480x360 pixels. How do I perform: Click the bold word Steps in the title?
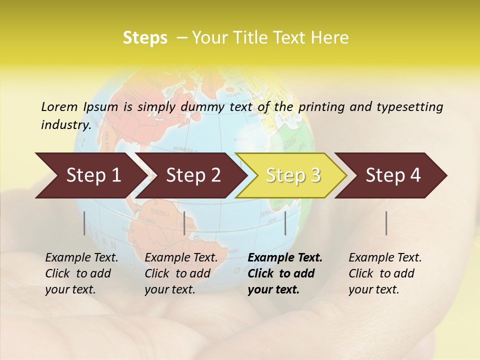145,38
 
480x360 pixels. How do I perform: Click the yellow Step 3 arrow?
293,175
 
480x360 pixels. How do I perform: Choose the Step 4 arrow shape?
393,175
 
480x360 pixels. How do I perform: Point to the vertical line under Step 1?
84,223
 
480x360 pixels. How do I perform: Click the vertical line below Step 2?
184,223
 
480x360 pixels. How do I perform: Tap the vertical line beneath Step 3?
285,223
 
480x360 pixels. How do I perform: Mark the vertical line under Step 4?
386,223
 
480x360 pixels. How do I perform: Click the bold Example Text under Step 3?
285,258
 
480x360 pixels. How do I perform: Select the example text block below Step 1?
81,273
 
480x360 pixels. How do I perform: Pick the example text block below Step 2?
181,273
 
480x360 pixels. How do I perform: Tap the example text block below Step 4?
385,273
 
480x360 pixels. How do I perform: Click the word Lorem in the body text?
59,106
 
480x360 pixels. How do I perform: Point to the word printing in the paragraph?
319,107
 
